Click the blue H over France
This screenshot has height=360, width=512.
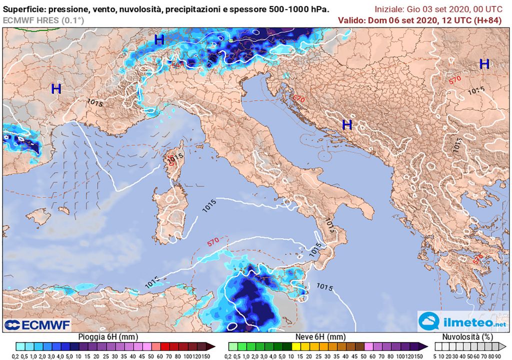coord(56,89)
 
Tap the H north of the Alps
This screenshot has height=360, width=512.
coord(159,39)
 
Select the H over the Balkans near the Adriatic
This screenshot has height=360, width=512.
coord(346,124)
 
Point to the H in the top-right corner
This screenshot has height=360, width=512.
coord(484,64)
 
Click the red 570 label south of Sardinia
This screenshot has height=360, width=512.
coord(213,241)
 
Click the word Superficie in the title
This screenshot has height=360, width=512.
coord(23,8)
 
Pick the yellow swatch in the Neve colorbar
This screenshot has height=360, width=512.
coord(295,346)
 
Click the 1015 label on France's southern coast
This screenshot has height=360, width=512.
coord(95,102)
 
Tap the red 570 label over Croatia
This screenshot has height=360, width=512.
coord(298,98)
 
